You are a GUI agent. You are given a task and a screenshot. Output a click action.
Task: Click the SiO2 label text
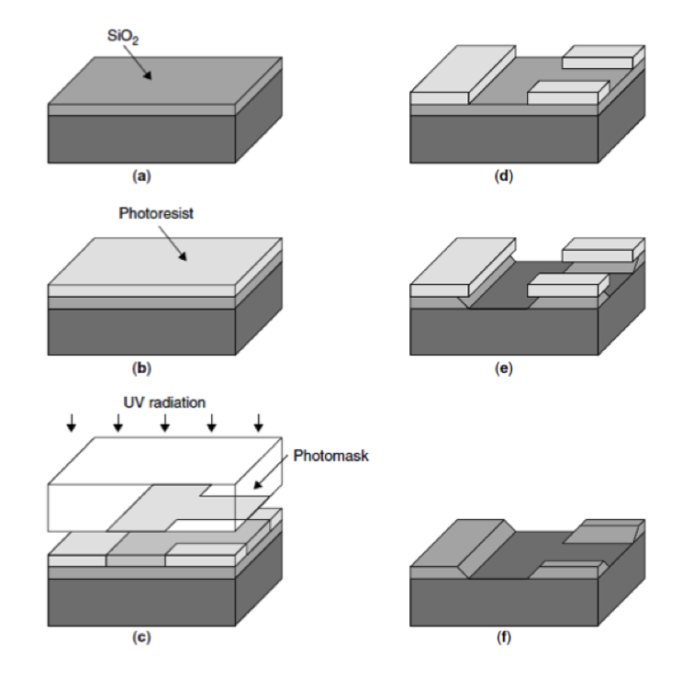123,36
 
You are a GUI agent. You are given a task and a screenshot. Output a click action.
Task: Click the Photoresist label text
156,213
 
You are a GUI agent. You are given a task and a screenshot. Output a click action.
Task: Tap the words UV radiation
164,402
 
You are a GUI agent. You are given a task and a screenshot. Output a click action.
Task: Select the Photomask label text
330,456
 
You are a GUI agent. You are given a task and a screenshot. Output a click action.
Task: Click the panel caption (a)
141,176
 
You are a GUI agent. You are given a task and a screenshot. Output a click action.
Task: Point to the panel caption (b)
141,368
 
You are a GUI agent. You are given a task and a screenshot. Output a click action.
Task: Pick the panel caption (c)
141,637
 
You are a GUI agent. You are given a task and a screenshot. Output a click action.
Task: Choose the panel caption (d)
503,176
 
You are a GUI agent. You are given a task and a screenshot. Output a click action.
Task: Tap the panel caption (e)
503,368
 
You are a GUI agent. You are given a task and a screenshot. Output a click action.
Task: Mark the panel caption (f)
503,637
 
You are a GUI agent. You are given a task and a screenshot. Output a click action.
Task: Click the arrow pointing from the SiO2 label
138,62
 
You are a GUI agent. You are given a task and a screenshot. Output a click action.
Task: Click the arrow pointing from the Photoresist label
173,243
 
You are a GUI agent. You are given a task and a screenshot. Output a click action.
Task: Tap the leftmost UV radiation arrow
72,423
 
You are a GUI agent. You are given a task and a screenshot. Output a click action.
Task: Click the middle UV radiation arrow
165,423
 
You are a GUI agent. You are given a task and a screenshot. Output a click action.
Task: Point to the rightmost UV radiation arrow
259,423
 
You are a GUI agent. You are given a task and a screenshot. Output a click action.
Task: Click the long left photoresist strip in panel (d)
463,74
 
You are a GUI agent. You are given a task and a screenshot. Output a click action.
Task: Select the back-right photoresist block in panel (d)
604,56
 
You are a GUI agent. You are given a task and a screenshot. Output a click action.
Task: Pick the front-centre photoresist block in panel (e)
568,285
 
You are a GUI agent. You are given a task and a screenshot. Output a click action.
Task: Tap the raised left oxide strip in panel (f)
463,548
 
